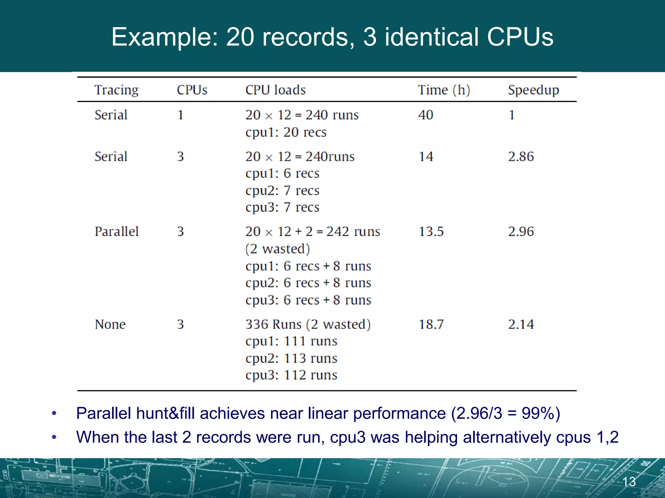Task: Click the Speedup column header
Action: point(533,90)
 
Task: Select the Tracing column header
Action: point(116,90)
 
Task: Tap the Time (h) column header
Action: point(444,90)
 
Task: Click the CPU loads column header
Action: point(275,90)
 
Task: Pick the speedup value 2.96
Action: point(521,231)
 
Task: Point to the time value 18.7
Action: point(431,324)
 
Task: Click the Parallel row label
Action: point(117,231)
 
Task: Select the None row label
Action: point(110,324)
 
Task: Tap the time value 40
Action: point(426,115)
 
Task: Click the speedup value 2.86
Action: point(521,157)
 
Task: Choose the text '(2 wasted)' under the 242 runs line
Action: point(278,249)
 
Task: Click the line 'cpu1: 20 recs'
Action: point(286,132)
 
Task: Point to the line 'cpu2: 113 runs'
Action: point(291,358)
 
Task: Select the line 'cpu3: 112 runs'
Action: point(291,375)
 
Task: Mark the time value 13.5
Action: point(431,231)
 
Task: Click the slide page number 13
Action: point(629,482)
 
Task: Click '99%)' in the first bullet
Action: point(541,413)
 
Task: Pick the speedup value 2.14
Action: point(521,324)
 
